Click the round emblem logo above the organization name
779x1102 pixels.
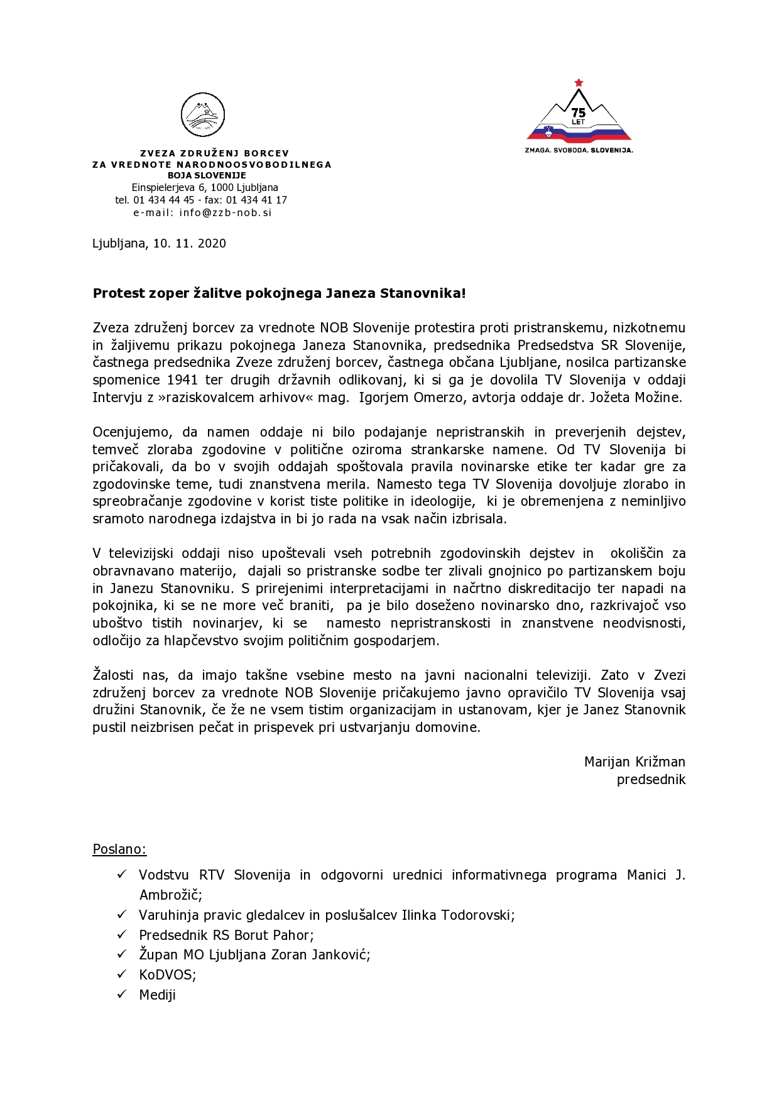click(203, 115)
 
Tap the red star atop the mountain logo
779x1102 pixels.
click(579, 83)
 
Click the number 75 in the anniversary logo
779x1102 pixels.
click(579, 112)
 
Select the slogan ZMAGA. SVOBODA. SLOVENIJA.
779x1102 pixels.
click(579, 150)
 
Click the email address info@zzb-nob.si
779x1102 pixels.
click(226, 212)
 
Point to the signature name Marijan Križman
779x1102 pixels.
click(635, 761)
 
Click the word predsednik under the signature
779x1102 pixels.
click(651, 779)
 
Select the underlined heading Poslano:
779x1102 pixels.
click(119, 849)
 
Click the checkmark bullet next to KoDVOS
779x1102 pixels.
click(122, 974)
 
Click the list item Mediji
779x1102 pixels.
click(157, 995)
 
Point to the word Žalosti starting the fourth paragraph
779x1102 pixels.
click(113, 675)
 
